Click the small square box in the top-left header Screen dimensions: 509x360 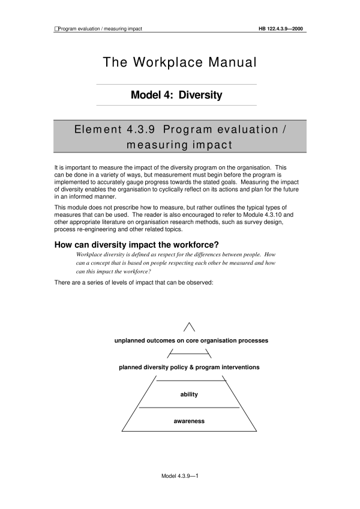(56, 28)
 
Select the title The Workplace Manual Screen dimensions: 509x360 (179, 62)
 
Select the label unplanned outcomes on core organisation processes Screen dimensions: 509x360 (191, 340)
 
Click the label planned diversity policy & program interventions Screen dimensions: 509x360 (189, 367)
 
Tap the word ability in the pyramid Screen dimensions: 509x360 (189, 394)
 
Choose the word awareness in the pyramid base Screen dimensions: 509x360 (189, 421)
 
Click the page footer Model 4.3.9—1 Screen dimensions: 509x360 (180, 475)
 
